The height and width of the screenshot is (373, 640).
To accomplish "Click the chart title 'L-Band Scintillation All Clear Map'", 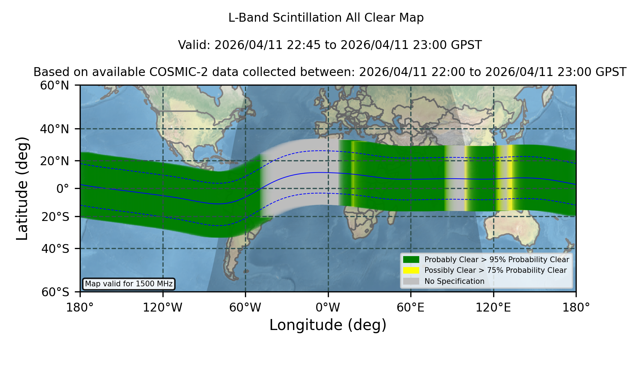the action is click(326, 18).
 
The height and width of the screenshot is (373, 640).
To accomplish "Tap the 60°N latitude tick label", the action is click(55, 86).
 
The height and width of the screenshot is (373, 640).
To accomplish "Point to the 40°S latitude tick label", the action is click(55, 249).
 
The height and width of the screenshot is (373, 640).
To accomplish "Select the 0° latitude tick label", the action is click(63, 189).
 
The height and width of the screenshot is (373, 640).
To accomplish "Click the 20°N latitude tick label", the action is click(55, 161).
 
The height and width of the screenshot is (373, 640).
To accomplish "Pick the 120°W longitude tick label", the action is click(162, 308).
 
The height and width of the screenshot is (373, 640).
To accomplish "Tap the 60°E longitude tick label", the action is click(411, 308).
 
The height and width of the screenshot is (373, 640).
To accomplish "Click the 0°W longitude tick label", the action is click(328, 308).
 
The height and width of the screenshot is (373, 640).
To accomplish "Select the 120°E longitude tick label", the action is click(493, 308).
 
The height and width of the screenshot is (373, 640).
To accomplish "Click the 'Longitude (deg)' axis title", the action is click(328, 325).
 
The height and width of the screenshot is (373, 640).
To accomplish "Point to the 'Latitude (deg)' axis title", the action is click(22, 188).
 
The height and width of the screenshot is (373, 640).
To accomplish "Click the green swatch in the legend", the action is click(411, 260).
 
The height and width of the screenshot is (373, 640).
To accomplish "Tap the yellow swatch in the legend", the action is click(411, 270).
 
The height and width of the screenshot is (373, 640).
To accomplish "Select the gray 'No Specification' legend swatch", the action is click(411, 281).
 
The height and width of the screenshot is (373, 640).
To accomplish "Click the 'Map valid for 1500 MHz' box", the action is click(129, 284).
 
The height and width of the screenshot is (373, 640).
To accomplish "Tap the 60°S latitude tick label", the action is click(55, 292).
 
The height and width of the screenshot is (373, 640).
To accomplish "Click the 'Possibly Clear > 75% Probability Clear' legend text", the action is click(496, 270).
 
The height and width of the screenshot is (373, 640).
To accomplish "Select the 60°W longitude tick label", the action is click(245, 308).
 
